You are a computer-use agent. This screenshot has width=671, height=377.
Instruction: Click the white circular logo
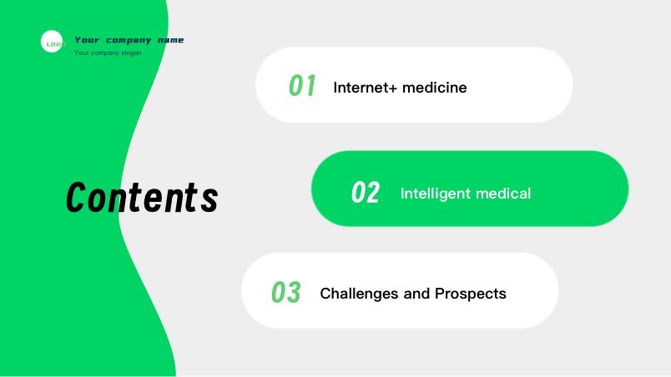click(x=52, y=42)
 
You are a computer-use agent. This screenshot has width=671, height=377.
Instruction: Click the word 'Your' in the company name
click(x=87, y=40)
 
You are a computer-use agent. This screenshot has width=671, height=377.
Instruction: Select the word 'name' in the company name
click(x=170, y=40)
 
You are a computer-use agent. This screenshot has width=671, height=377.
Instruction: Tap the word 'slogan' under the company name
click(x=131, y=53)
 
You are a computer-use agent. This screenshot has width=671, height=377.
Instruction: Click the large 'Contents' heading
click(x=142, y=197)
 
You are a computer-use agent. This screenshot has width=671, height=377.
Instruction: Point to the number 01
click(x=302, y=85)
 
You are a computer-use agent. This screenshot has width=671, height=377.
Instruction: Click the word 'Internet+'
click(x=366, y=88)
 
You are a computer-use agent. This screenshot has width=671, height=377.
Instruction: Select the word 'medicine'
click(x=434, y=88)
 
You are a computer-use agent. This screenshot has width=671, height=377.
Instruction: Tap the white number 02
click(x=365, y=193)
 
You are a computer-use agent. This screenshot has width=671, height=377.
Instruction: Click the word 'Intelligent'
click(x=435, y=194)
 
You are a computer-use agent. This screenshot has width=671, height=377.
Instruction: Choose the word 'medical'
click(x=503, y=194)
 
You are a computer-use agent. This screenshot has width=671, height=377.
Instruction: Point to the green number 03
click(x=286, y=293)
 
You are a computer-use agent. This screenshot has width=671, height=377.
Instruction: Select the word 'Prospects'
click(x=471, y=294)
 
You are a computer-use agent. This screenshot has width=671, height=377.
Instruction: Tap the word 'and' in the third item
click(x=416, y=294)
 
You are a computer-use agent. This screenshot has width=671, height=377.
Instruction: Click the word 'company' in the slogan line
click(x=105, y=53)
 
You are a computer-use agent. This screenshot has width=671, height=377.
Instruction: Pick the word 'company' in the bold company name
click(x=129, y=41)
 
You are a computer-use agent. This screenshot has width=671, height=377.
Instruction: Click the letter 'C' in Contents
click(x=77, y=197)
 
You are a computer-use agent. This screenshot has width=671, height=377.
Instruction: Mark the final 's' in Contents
click(x=209, y=200)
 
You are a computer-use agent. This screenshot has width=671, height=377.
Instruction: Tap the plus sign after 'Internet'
click(x=394, y=88)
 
